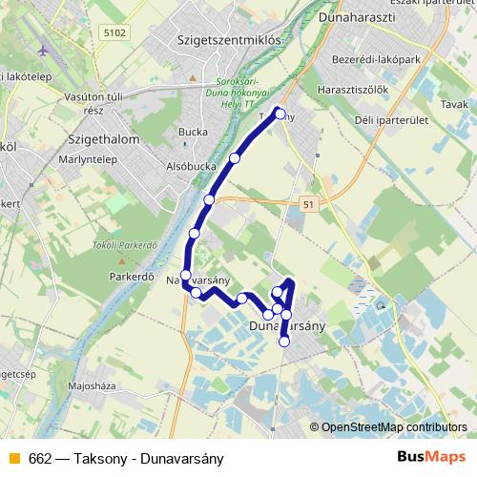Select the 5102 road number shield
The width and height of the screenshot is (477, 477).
(114, 32)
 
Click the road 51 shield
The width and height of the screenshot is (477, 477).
(306, 205)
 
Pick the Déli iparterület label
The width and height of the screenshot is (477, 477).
(405, 119)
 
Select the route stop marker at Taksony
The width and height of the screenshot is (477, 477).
(280, 114)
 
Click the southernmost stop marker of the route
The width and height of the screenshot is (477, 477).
(283, 342)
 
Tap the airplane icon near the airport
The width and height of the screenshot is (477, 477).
(42, 50)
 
